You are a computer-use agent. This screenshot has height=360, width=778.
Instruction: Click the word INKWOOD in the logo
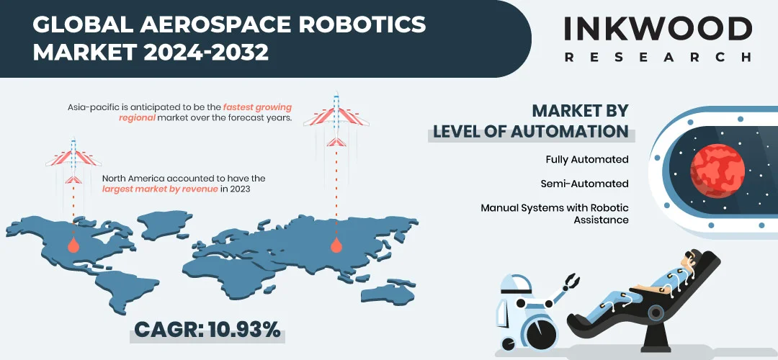(x=658, y=28)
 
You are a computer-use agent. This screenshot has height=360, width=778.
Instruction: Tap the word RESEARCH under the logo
(x=658, y=57)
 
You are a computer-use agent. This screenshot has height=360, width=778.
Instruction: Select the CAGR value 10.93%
(x=243, y=330)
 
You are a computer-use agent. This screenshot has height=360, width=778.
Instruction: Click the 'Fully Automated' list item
(x=587, y=159)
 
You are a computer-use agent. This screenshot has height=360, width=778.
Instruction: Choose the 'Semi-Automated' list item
(x=584, y=184)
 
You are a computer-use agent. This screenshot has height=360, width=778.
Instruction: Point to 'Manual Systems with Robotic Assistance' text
(x=555, y=214)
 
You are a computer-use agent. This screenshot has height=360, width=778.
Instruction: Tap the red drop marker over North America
(x=73, y=245)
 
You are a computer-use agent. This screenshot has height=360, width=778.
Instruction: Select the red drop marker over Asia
(x=336, y=245)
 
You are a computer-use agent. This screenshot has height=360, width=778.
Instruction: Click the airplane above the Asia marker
(x=336, y=119)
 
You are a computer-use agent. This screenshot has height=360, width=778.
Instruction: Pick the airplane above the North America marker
(x=73, y=160)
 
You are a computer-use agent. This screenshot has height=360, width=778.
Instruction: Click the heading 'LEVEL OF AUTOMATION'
(x=530, y=132)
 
